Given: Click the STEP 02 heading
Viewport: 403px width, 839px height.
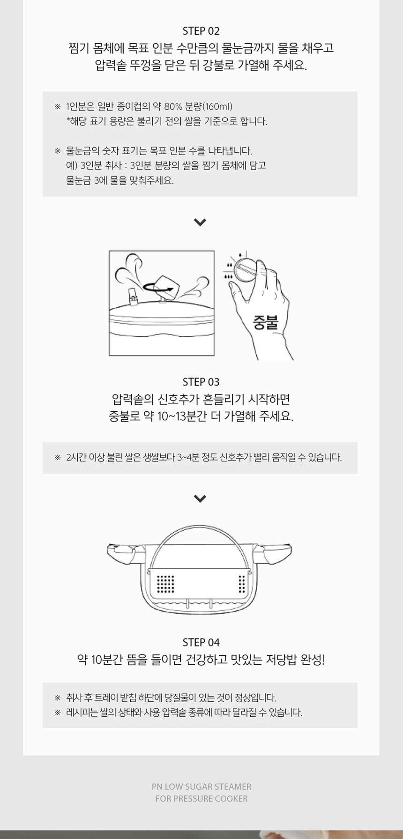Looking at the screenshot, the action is pyautogui.click(x=201, y=31).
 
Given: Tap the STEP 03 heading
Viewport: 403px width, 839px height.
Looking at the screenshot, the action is pyautogui.click(x=201, y=382).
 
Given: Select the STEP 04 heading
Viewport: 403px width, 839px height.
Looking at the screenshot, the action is pyautogui.click(x=201, y=642).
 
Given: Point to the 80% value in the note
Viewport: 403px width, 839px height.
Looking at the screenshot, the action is pyautogui.click(x=172, y=106).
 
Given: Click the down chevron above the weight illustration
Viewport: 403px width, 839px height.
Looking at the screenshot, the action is pyautogui.click(x=200, y=222).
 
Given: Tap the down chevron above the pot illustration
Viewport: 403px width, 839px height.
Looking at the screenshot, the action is pyautogui.click(x=200, y=498).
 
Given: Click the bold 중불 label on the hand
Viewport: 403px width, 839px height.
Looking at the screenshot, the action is pyautogui.click(x=266, y=323).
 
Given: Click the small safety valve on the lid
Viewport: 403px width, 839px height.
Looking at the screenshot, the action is pyautogui.click(x=133, y=297).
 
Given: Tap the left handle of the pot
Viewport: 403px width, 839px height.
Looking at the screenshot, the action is pyautogui.click(x=124, y=554).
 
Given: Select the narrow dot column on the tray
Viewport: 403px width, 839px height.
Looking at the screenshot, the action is pyautogui.click(x=242, y=584).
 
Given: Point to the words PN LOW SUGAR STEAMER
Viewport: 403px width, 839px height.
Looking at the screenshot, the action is pyautogui.click(x=201, y=787).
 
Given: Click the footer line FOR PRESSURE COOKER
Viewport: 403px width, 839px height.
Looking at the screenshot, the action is pyautogui.click(x=201, y=799).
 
